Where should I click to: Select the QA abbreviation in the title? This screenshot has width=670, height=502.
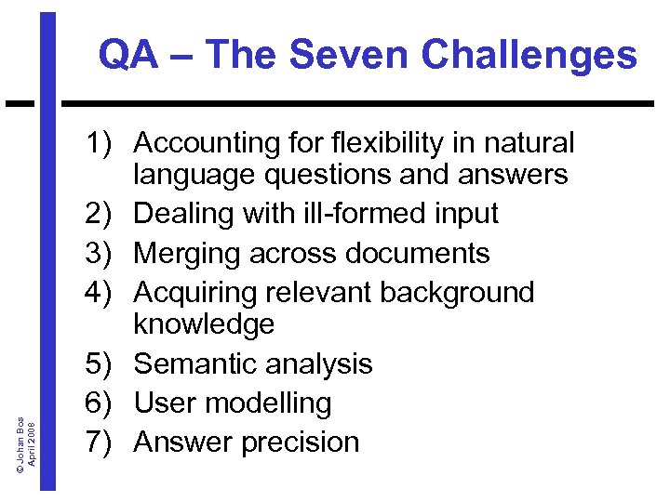click(126, 55)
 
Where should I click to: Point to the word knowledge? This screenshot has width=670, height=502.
click(204, 324)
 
